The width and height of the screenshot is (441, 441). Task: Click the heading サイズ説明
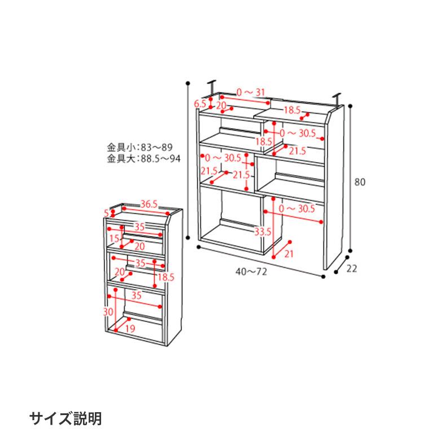[66, 419]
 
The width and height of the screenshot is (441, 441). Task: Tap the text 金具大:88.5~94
[144, 159]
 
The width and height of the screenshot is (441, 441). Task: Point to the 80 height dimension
[361, 182]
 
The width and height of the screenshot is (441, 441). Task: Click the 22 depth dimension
[352, 269]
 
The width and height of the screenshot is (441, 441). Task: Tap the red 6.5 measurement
[200, 103]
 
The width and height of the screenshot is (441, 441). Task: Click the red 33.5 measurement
[263, 232]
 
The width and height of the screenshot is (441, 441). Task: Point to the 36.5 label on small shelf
[149, 204]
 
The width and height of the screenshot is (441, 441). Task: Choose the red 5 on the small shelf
[106, 213]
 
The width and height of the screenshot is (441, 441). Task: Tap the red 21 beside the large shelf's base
[289, 254]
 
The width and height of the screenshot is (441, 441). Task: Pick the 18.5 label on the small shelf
[165, 277]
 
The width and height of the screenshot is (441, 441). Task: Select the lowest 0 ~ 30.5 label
[297, 209]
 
